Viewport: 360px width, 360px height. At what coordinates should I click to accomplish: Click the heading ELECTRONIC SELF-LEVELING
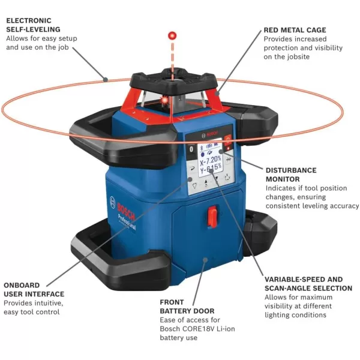(x=37, y=25)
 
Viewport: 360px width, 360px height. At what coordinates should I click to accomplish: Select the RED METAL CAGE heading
(x=295, y=29)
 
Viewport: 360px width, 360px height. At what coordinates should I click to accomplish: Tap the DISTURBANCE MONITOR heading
(x=291, y=174)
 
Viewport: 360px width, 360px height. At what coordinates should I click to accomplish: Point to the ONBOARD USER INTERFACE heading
(x=34, y=290)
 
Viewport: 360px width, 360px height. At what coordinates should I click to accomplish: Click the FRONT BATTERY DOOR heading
(x=188, y=307)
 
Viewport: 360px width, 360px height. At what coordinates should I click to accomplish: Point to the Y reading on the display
(x=209, y=166)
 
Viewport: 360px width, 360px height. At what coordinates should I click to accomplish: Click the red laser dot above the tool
(x=172, y=35)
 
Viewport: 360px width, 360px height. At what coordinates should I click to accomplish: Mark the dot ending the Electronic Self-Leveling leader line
(x=105, y=77)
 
